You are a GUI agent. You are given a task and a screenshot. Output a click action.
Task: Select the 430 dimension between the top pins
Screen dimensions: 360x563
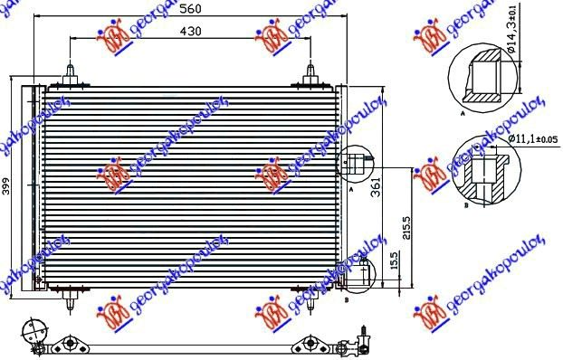click(x=188, y=30)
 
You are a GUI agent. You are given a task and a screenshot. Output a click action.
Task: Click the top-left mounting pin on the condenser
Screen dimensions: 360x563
click(x=71, y=73)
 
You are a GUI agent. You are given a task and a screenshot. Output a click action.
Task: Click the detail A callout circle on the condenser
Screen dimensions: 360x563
click(x=353, y=163)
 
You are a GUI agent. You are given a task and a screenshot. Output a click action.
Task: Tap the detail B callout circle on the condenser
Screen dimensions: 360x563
click(x=353, y=270)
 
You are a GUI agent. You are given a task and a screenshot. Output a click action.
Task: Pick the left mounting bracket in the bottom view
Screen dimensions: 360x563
click(x=72, y=344)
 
